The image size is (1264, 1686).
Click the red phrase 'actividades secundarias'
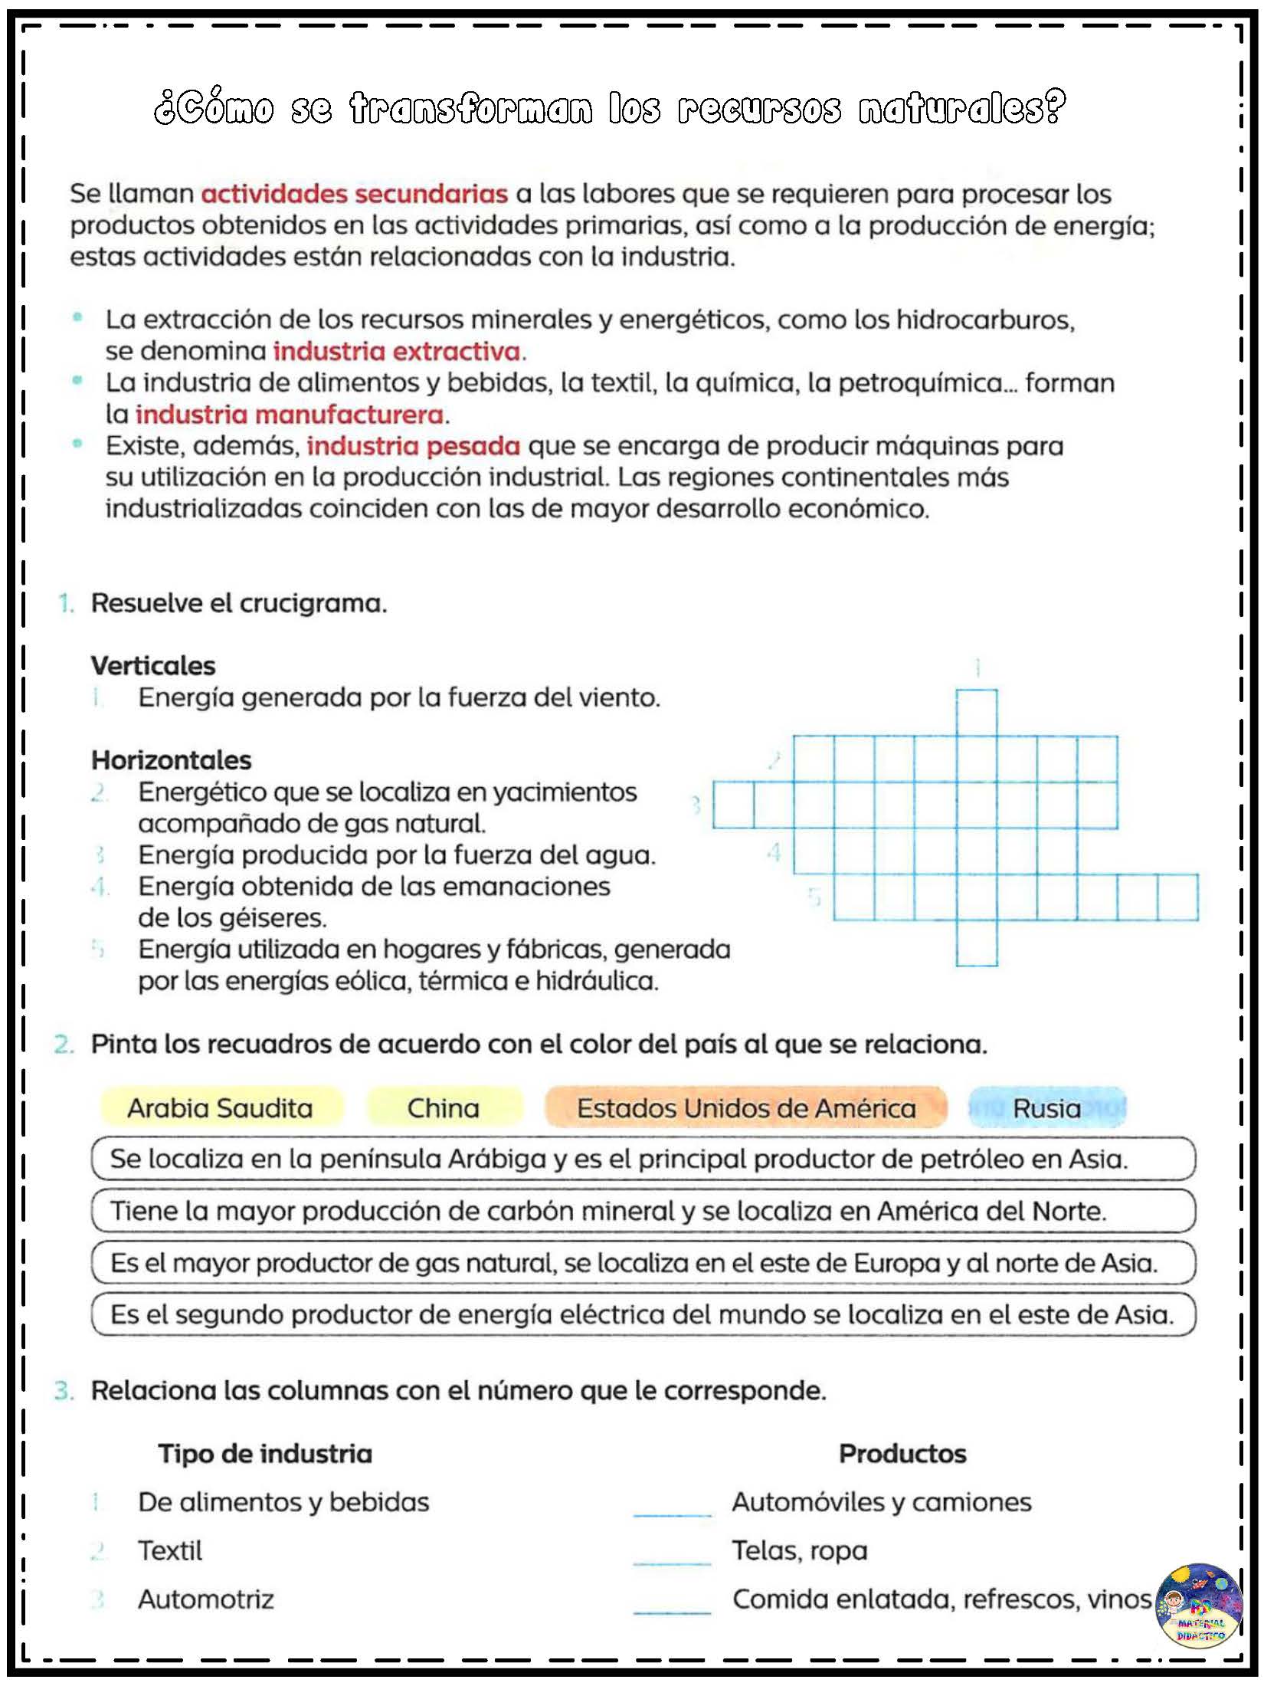coord(354,194)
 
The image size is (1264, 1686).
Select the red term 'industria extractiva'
coord(397,352)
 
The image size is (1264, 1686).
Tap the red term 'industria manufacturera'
coord(290,415)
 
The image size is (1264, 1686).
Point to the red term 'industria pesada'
coord(414,446)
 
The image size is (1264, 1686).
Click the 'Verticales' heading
coord(153,665)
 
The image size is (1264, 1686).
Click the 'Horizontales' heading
coord(172,759)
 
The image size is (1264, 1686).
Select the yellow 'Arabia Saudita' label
coord(221,1108)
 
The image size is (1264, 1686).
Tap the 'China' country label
coord(444,1108)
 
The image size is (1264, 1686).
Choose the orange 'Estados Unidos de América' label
coord(746,1108)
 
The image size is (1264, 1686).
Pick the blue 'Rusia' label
coord(1046,1108)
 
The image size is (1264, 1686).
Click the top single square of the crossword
coord(977,712)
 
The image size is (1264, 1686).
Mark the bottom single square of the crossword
coord(977,943)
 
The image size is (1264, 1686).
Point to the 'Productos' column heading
coord(902,1453)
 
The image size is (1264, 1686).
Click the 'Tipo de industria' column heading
coord(265,1453)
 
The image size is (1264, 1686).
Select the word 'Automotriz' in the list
coord(206,1599)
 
